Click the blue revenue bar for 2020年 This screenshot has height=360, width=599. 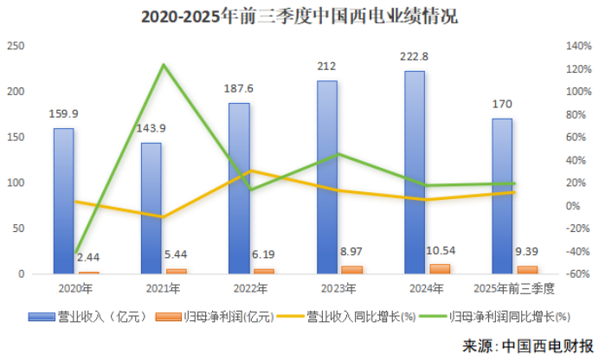[x=63, y=201]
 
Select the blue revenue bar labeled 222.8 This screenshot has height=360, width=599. [x=415, y=172]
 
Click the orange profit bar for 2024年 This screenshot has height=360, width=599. [x=440, y=269]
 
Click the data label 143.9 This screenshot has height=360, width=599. [x=151, y=128]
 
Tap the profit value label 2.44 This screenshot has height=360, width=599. [x=88, y=257]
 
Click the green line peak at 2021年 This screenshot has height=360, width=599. [x=163, y=65]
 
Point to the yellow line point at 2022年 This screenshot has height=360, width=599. [x=250, y=170]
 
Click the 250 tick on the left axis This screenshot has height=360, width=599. [x=16, y=46]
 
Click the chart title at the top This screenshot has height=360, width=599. [x=299, y=16]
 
